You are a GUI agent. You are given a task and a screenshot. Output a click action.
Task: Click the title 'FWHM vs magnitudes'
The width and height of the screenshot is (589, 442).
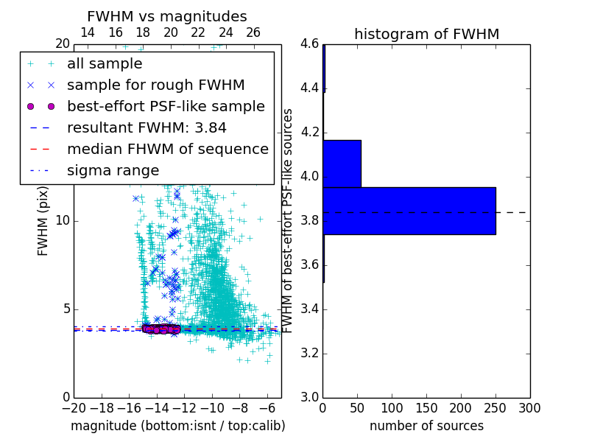coord(167,16)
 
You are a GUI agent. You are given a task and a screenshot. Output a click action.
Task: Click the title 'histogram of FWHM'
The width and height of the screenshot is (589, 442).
coord(426,34)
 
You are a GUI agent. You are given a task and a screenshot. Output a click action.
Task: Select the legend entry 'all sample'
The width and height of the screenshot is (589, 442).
coord(105,64)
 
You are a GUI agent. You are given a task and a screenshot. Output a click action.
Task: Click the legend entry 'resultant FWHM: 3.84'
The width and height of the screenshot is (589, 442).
coord(147,128)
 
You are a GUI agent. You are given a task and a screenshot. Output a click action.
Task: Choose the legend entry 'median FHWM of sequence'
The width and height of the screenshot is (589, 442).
coord(167,150)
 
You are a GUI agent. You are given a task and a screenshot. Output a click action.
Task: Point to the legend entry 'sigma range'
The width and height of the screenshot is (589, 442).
coord(113,171)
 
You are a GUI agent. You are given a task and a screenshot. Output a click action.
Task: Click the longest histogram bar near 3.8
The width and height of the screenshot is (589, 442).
coord(409,211)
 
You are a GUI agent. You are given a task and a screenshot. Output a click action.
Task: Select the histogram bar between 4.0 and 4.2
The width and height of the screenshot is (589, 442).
coord(342,164)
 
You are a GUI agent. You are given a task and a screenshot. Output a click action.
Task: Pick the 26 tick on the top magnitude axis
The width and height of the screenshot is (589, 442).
coord(253,32)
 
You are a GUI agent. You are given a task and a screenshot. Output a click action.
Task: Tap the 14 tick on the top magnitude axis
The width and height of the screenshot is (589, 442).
coord(87,32)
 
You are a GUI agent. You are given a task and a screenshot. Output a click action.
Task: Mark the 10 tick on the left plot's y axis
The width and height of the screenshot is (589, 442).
coord(63,221)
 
